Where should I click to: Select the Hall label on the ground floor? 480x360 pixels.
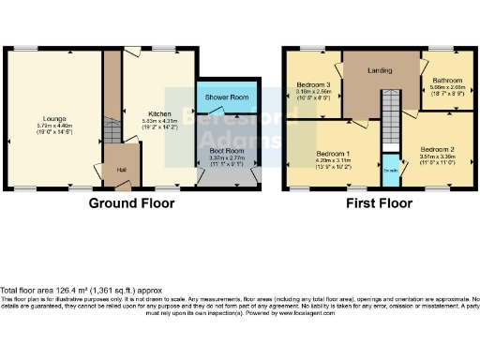point(121,170)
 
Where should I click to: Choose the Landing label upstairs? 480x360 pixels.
point(381,69)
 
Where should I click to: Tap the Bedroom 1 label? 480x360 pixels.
point(333,154)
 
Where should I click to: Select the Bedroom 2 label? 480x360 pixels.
point(437,150)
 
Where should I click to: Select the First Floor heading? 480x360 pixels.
point(380,202)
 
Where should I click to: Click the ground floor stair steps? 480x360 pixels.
point(111,131)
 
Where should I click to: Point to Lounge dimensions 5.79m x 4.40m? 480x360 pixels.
point(54,99)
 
